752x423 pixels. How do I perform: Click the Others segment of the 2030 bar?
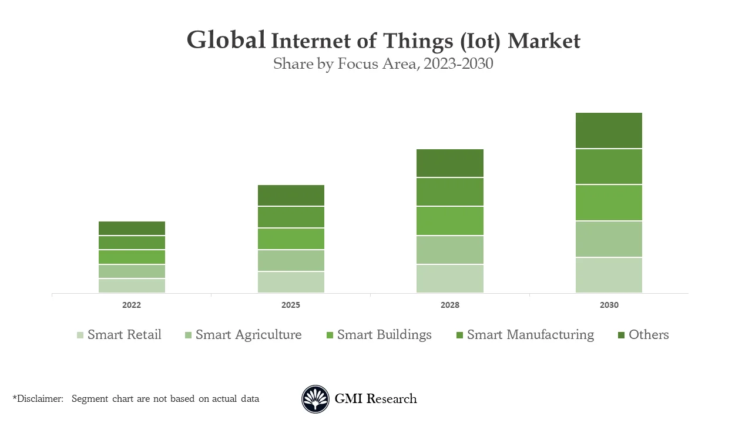click(x=609, y=130)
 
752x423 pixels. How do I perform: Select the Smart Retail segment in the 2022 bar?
click(x=132, y=286)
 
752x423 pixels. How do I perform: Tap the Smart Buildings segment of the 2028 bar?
click(x=450, y=221)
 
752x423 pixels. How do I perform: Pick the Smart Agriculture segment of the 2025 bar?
click(x=291, y=260)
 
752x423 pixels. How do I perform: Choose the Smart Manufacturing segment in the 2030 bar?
click(x=609, y=167)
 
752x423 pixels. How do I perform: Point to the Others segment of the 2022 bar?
click(x=132, y=228)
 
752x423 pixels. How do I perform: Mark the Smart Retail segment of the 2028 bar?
click(x=450, y=278)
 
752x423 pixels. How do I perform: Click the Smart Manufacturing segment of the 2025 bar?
click(x=291, y=217)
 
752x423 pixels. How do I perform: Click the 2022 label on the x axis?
click(x=132, y=305)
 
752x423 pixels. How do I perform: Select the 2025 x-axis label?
click(x=291, y=305)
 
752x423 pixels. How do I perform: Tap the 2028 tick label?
click(x=450, y=305)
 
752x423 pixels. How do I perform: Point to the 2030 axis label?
click(x=609, y=305)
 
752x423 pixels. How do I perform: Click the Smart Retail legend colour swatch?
click(x=80, y=335)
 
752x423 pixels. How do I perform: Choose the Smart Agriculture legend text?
click(x=249, y=335)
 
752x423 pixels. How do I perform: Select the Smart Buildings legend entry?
click(x=384, y=335)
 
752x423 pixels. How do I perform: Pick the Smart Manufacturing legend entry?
click(x=530, y=335)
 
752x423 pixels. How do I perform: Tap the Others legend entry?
click(x=649, y=335)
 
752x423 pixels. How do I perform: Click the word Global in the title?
click(x=226, y=40)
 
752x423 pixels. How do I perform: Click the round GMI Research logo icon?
click(x=315, y=399)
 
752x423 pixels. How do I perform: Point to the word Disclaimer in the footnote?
click(x=40, y=399)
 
